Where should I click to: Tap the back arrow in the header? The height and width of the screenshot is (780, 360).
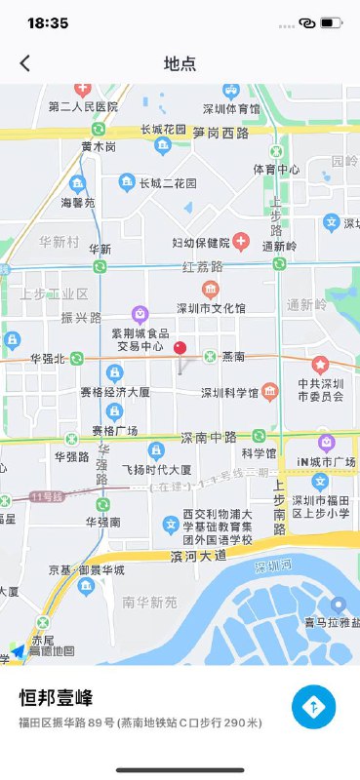[x=25, y=63]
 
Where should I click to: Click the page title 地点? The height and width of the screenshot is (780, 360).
[x=180, y=63]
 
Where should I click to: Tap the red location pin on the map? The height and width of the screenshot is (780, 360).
[x=180, y=348]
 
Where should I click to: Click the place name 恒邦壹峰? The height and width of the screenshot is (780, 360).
[x=57, y=698]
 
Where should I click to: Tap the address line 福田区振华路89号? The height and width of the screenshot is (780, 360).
[x=140, y=722]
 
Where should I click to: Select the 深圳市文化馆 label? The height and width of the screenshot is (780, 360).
[x=210, y=308]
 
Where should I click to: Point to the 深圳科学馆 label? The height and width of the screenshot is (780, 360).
[x=230, y=394]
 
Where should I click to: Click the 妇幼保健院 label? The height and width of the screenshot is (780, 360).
[x=201, y=243]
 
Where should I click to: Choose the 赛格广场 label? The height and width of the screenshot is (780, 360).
[x=115, y=430]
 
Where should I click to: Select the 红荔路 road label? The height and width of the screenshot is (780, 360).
[x=202, y=265]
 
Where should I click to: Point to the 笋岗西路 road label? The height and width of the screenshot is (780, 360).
[x=220, y=132]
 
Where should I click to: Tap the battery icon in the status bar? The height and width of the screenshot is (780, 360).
[x=332, y=22]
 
